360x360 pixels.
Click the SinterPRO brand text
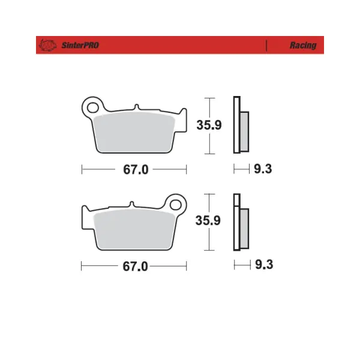tap(80, 45)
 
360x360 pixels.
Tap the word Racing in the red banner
tap(303, 45)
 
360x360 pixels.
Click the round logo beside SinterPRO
tap(48, 45)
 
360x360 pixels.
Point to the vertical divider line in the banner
tap(266, 46)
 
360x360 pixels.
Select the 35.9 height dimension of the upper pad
tap(209, 125)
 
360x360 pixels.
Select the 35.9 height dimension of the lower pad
tap(208, 220)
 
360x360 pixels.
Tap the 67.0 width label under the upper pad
tap(136, 170)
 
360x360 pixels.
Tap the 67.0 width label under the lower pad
tap(135, 266)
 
